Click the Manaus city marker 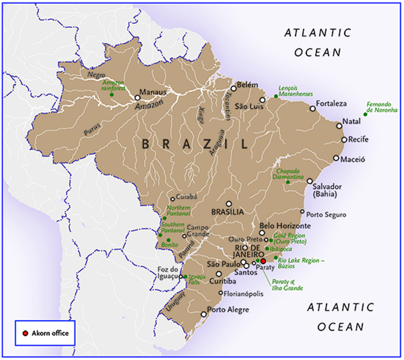(x=137, y=97)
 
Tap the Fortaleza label (x=331, y=103)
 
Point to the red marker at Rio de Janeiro (x=264, y=261)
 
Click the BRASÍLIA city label (x=229, y=211)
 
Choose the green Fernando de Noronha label (x=382, y=106)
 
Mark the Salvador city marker (x=309, y=181)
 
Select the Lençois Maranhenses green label (x=295, y=91)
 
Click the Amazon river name (x=149, y=104)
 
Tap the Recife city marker (x=344, y=139)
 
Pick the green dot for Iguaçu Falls (x=185, y=277)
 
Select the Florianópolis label (x=245, y=294)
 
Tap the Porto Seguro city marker (x=302, y=211)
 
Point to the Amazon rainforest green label (x=114, y=86)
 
